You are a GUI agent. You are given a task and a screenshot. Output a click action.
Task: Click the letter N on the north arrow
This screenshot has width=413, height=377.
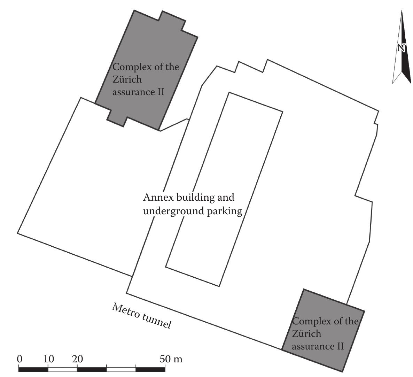[x=401, y=48]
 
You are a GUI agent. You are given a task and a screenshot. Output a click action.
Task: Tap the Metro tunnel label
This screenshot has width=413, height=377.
[x=142, y=316]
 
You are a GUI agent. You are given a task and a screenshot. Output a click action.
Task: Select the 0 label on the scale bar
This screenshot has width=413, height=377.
[x=20, y=359]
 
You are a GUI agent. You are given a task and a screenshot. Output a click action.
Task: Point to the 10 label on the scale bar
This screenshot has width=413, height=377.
[x=48, y=359]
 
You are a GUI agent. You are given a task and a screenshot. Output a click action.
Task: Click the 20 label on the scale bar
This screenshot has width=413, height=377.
[x=77, y=359]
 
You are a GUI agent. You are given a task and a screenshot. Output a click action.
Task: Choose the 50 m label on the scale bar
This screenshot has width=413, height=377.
[x=171, y=359]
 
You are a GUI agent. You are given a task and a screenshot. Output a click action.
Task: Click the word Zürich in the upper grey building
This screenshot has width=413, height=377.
[x=127, y=79]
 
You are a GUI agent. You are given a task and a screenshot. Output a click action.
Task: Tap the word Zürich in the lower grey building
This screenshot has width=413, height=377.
[x=306, y=334]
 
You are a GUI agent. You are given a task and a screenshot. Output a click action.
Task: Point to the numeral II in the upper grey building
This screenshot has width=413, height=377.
[x=161, y=92]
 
